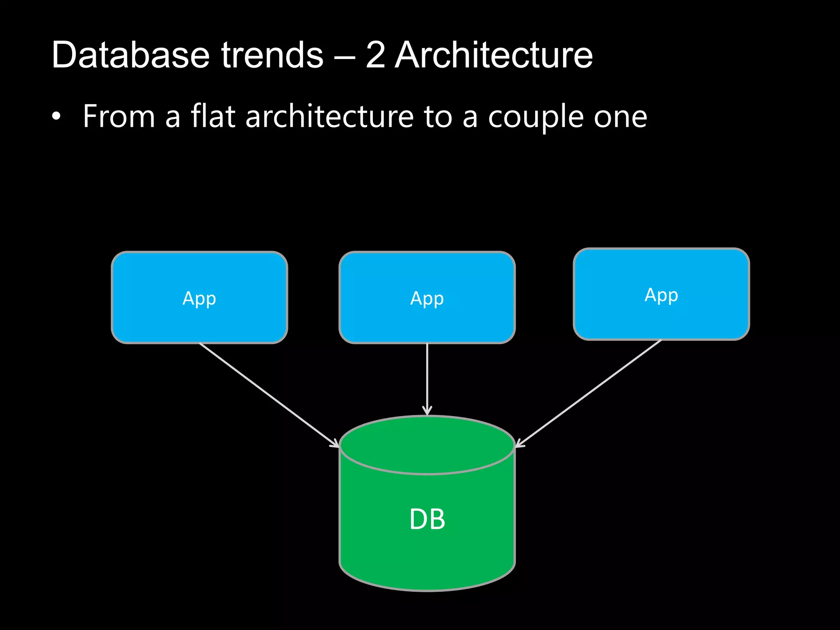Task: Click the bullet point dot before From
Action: (x=56, y=117)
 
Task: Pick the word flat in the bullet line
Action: (x=213, y=116)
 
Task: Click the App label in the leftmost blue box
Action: (x=199, y=298)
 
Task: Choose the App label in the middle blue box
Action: (x=427, y=298)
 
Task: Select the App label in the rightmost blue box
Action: (x=661, y=295)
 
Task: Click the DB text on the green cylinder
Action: (x=427, y=519)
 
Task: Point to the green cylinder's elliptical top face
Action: (x=427, y=445)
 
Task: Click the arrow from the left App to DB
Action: (x=269, y=395)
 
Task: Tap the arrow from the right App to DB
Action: (x=589, y=393)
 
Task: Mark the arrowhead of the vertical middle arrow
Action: (x=427, y=411)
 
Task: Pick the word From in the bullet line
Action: (x=119, y=116)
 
